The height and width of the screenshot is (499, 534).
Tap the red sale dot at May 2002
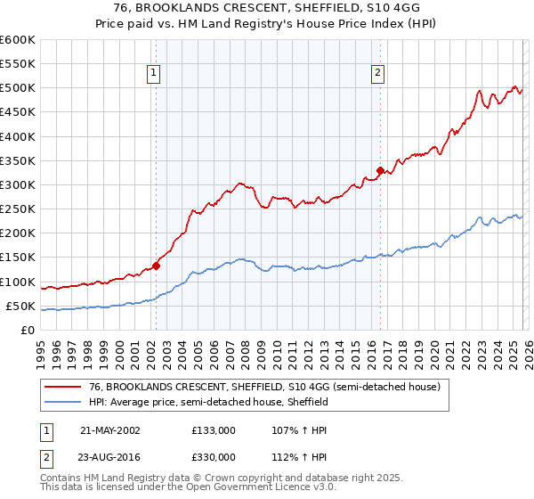(x=156, y=265)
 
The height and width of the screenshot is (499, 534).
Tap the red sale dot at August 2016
(x=380, y=170)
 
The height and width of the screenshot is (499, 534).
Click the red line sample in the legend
(x=63, y=387)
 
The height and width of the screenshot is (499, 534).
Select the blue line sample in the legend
(x=63, y=402)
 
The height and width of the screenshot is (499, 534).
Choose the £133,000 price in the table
(x=214, y=429)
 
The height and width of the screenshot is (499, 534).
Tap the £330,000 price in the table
(x=214, y=456)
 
